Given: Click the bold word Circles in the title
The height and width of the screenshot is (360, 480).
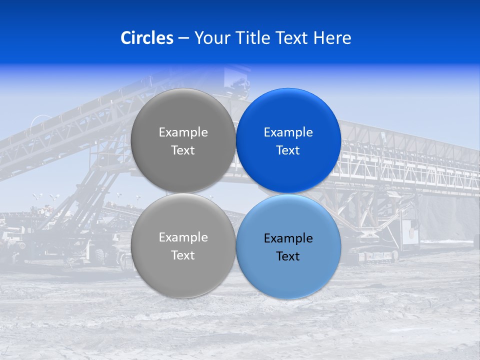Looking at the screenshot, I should (146, 38).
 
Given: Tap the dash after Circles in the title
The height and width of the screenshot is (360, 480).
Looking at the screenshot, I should (183, 38).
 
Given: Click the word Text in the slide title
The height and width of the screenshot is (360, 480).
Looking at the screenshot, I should (293, 38).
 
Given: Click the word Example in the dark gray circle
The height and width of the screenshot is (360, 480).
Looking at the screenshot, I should (183, 132).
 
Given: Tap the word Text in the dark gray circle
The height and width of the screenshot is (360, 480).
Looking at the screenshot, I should (183, 150).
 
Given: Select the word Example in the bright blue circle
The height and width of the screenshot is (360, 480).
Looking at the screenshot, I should (288, 132).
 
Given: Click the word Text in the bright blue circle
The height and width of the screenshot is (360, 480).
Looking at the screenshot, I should (288, 150).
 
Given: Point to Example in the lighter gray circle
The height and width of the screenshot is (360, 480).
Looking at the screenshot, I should (183, 237).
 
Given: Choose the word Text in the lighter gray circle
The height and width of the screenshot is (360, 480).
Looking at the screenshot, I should (183, 255).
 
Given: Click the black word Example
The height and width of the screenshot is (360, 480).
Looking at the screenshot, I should (288, 238).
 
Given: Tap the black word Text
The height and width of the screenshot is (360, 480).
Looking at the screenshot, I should (288, 256).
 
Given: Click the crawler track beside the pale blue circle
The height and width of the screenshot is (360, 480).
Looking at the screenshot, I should (372, 256).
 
